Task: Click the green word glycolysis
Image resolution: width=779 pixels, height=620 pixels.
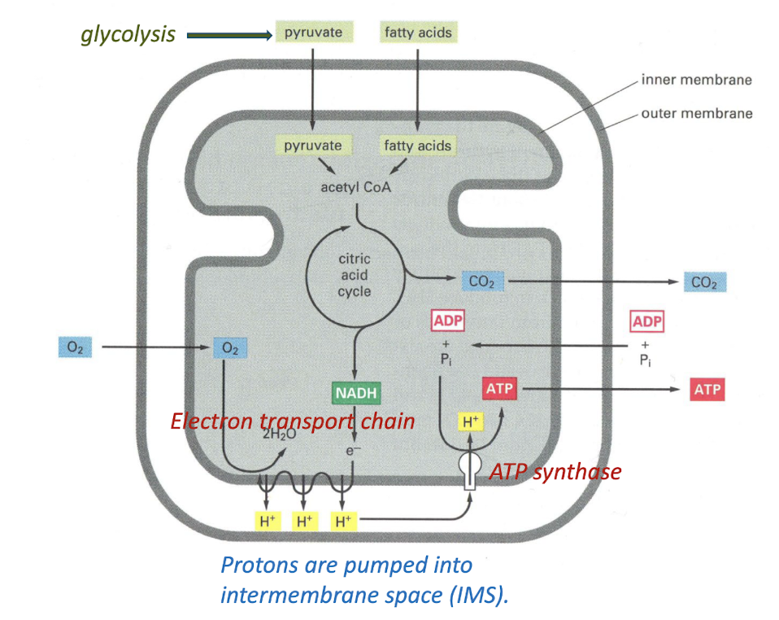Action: [128, 34]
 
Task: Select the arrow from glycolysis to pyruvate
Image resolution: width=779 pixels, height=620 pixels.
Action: [228, 35]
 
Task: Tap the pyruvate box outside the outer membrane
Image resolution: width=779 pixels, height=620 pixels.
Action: [313, 33]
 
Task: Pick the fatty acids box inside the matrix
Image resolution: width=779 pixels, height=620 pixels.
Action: [417, 146]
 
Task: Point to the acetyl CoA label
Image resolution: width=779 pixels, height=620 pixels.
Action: [355, 187]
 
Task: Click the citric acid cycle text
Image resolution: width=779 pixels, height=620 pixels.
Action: [355, 275]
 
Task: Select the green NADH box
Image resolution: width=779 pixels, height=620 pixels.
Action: [355, 393]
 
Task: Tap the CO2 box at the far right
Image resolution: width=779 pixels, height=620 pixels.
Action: [705, 282]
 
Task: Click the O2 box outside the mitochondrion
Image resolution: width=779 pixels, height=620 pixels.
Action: [76, 347]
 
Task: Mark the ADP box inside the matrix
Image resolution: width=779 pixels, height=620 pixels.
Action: [447, 321]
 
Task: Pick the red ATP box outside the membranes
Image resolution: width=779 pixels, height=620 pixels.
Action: [707, 390]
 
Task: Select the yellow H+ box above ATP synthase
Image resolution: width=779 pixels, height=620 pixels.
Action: [470, 422]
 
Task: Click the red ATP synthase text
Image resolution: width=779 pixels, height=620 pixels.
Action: [555, 472]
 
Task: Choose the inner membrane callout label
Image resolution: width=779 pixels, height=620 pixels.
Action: [696, 80]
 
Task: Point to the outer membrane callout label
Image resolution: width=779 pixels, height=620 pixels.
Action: [696, 113]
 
